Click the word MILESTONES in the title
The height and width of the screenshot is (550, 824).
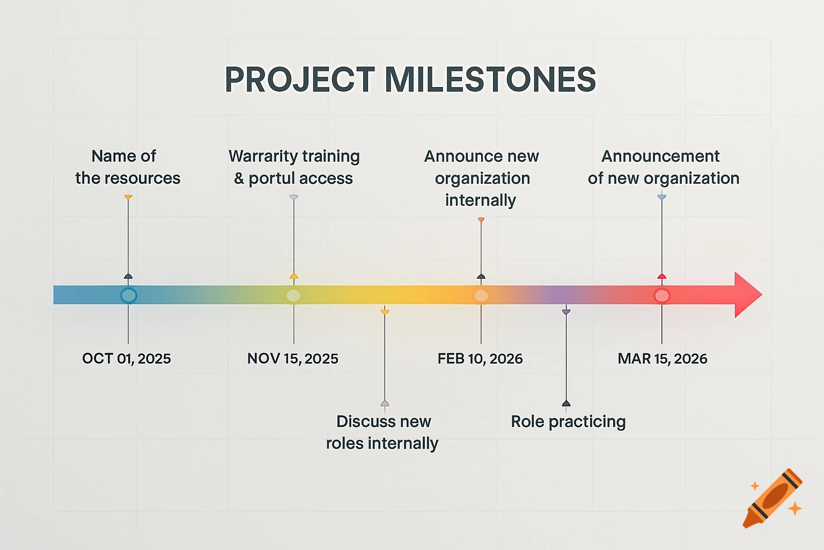[490, 79]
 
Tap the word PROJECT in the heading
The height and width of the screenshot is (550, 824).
[299, 79]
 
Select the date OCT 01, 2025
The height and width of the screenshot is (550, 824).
[127, 359]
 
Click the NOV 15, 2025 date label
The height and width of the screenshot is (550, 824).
[293, 359]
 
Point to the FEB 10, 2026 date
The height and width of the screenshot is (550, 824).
[480, 359]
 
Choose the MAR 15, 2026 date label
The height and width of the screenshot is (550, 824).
[663, 359]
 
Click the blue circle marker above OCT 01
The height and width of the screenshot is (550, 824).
[128, 295]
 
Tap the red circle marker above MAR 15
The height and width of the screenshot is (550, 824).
[662, 295]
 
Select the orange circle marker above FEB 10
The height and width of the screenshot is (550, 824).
[481, 295]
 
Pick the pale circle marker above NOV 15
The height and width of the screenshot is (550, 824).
[293, 295]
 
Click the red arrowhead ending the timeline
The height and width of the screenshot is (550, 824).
[747, 295]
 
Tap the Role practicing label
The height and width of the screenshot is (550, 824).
[568, 422]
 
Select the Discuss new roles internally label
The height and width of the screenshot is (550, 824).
[383, 432]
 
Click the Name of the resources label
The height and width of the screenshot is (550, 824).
[128, 167]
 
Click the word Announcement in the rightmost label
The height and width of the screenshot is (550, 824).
[660, 156]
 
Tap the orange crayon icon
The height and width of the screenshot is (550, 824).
[772, 498]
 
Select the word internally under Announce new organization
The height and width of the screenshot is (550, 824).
[481, 200]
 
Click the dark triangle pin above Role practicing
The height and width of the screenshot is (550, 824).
[566, 403]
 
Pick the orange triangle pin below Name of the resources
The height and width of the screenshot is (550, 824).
[128, 198]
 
